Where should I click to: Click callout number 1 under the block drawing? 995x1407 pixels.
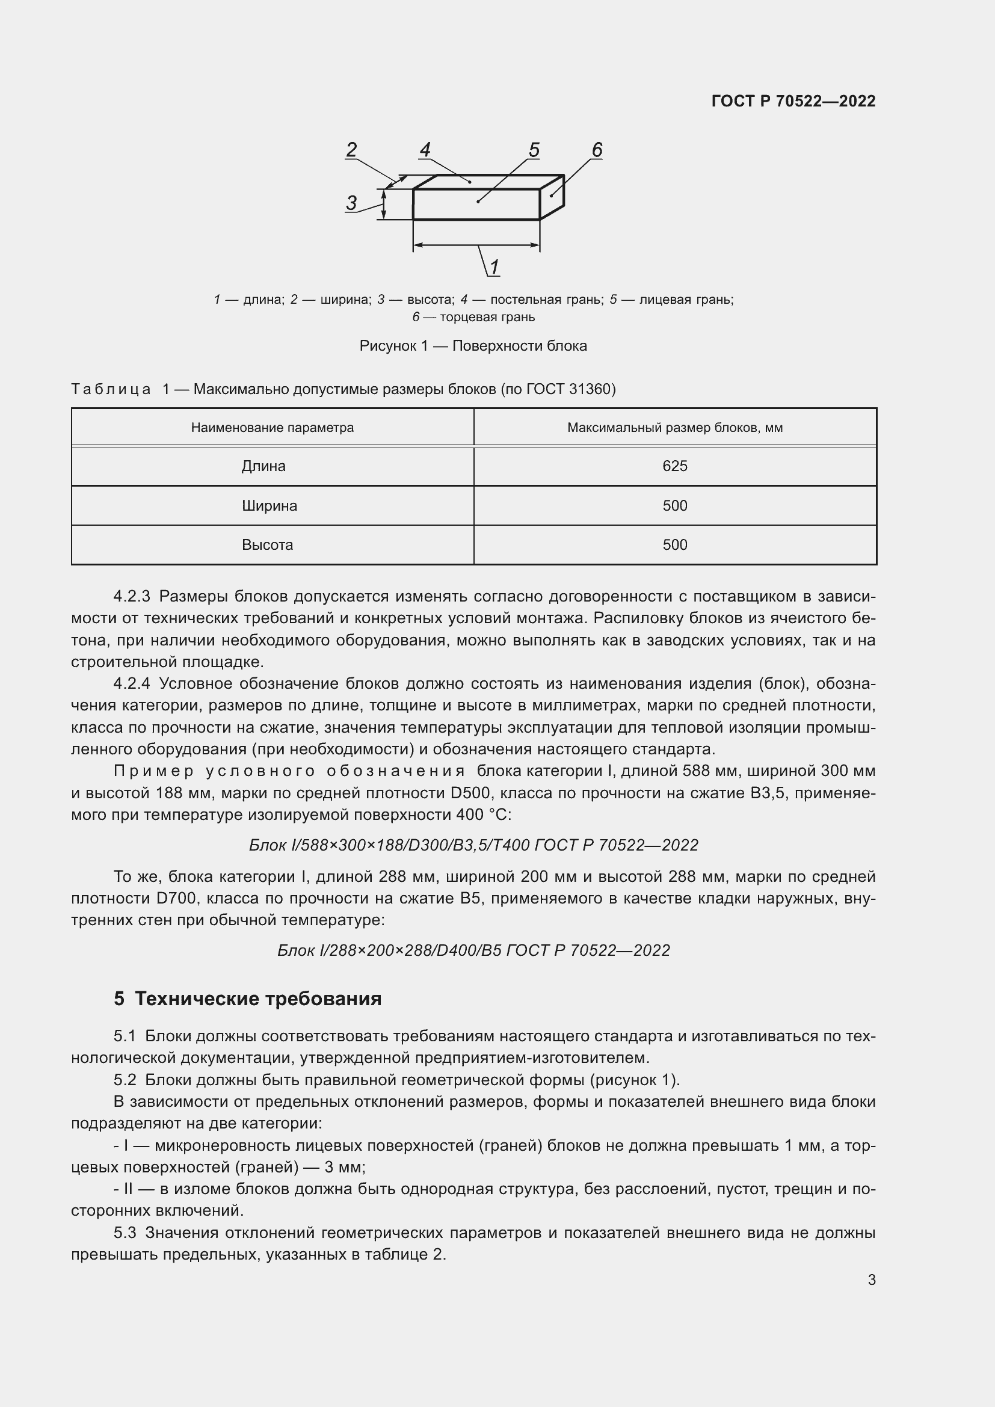tap(494, 266)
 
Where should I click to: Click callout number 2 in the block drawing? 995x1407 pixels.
tap(351, 150)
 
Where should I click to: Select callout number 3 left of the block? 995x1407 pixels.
tap(351, 203)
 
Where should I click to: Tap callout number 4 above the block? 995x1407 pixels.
tap(425, 150)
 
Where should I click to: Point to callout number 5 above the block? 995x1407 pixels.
tap(534, 150)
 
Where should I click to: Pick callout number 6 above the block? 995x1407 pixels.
tap(597, 150)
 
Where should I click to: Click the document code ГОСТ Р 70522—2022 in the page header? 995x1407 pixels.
tap(793, 101)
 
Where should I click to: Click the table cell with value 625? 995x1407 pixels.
tap(674, 466)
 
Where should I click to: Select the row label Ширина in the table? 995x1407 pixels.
tap(269, 505)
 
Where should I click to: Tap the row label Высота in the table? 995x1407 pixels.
tap(267, 545)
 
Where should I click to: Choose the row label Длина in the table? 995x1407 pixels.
tap(263, 466)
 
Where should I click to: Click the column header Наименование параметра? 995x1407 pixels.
tap(272, 428)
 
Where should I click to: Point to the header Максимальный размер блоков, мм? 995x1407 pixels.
tap(674, 428)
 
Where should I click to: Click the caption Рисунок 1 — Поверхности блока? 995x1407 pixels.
tap(473, 346)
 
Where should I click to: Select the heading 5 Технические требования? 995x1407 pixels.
tap(247, 999)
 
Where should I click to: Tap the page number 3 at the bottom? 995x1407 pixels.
tap(871, 1279)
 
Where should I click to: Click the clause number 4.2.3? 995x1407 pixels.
tap(132, 596)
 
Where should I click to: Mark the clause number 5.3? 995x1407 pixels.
tap(125, 1233)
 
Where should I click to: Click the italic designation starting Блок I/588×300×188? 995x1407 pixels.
tap(473, 845)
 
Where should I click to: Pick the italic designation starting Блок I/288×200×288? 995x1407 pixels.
tap(473, 950)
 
